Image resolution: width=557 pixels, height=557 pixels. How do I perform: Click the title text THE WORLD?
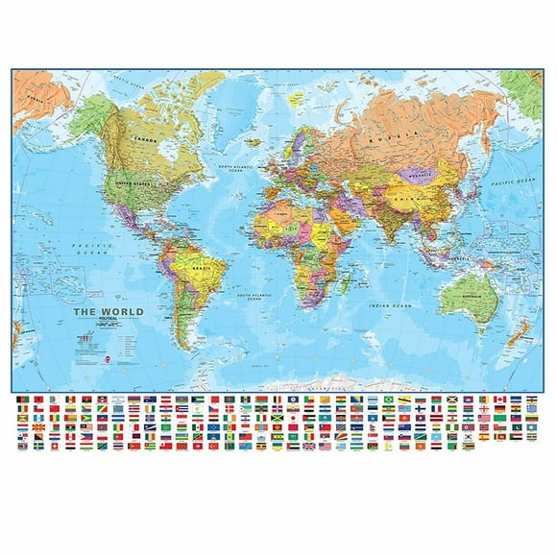(111, 311)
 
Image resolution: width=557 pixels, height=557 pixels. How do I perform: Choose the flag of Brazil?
(389, 399)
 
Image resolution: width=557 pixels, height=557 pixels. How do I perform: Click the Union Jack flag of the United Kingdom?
(308, 446)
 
